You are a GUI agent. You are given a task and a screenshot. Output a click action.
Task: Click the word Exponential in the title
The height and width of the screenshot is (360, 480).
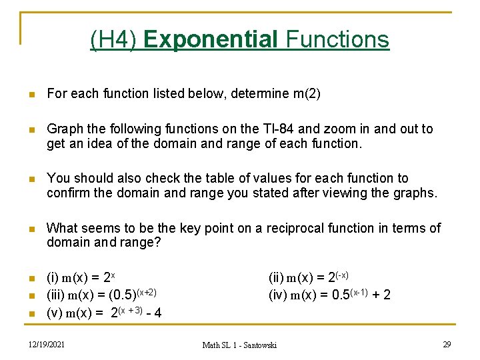[x=211, y=39]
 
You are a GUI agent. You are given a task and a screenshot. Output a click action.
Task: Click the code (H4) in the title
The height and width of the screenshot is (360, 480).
[x=113, y=39]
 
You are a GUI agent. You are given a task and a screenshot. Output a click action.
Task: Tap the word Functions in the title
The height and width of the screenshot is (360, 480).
[x=337, y=39]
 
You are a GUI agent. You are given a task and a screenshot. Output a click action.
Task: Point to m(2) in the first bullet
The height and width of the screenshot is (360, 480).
[x=307, y=94]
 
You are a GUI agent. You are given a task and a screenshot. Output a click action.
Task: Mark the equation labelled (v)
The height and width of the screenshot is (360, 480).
[x=104, y=312]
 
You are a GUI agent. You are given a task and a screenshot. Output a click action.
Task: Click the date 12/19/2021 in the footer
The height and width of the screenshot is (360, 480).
[x=47, y=344]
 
